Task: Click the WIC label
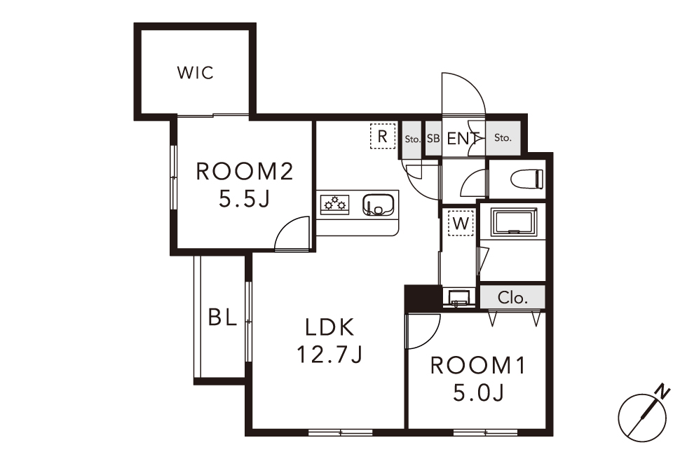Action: point(196,73)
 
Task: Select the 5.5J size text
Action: point(244,200)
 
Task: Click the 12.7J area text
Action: point(329,355)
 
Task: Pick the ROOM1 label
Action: point(478,366)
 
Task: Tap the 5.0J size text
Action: point(478,393)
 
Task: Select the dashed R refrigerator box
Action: point(383,136)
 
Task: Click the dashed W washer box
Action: point(461,224)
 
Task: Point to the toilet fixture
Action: point(527,179)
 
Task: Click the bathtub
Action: point(514,223)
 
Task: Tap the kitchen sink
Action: point(378,205)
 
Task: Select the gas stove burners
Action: point(335,204)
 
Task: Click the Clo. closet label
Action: point(512,298)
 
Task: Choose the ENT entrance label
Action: point(463,139)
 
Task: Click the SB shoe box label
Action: point(433,139)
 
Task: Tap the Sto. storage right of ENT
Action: point(503,137)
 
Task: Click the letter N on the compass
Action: point(664,391)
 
